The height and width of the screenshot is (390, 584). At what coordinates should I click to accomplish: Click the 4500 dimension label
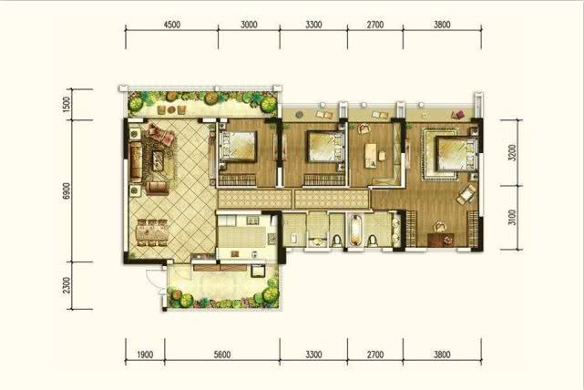tap(171, 25)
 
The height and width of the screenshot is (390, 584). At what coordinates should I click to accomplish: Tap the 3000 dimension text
tap(249, 25)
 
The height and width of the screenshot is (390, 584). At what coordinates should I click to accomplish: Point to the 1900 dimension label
tap(145, 354)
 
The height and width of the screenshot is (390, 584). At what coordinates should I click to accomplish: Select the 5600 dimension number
tap(222, 354)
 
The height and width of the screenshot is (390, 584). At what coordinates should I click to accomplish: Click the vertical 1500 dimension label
tap(67, 105)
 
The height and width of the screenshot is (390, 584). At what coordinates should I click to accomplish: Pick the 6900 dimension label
tap(67, 190)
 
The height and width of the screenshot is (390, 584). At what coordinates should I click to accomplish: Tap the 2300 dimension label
tap(67, 285)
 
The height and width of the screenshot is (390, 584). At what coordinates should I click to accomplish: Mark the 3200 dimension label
tap(512, 152)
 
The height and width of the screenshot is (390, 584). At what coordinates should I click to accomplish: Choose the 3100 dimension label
tap(512, 218)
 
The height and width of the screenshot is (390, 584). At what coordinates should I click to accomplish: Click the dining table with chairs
tap(152, 232)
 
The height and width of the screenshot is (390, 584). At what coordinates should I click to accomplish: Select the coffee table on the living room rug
tap(158, 161)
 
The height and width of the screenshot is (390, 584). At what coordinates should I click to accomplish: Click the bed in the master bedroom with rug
tap(457, 154)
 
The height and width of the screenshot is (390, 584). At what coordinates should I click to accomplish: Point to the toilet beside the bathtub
tap(373, 241)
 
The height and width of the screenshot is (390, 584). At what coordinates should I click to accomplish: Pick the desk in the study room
tap(371, 155)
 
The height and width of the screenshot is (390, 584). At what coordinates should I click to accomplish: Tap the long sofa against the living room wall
tap(136, 161)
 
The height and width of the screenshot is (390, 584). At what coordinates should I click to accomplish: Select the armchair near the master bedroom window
tap(466, 194)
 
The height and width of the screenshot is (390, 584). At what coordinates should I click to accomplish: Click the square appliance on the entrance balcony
tap(258, 271)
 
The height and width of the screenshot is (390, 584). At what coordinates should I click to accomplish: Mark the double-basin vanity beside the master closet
tap(396, 229)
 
